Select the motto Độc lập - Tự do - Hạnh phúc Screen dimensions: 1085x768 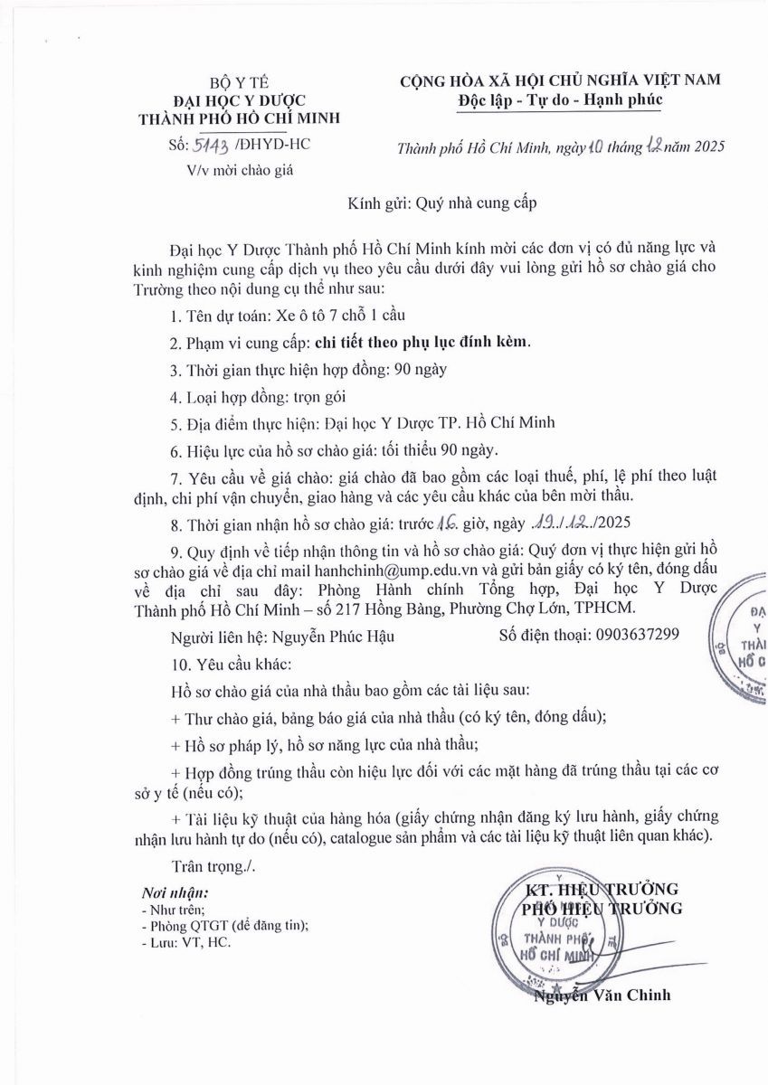[x=560, y=99]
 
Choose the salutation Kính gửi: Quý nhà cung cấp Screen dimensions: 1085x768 [x=442, y=203]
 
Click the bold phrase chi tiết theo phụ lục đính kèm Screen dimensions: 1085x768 [x=423, y=343]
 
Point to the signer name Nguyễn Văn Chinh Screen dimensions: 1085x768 [x=602, y=995]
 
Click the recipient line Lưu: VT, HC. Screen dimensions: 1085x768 [x=186, y=942]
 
